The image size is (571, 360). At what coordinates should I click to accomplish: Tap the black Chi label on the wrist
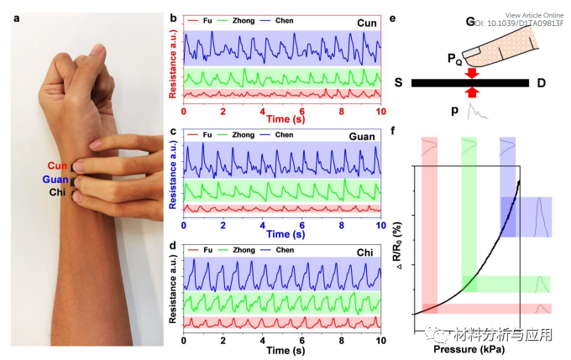(x=58, y=192)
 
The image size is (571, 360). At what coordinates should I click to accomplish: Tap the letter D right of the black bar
(x=542, y=83)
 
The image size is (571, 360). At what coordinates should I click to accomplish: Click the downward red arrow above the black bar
(x=471, y=73)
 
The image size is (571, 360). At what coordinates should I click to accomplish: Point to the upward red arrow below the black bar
(x=471, y=93)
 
